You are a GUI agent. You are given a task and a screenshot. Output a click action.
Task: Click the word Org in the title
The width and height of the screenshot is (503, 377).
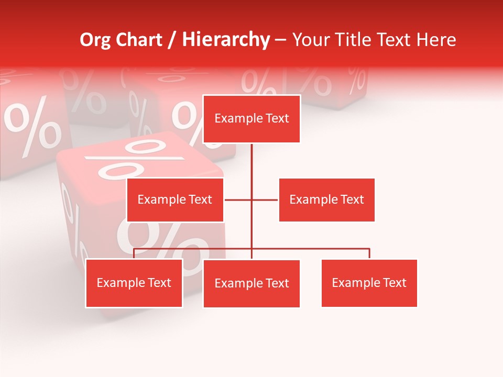(95, 40)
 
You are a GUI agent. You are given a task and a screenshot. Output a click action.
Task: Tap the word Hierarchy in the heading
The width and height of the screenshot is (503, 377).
(226, 40)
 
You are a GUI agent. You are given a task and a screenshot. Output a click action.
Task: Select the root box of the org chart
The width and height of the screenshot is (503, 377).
(251, 119)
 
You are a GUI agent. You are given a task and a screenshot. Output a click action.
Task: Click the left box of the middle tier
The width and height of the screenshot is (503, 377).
(175, 199)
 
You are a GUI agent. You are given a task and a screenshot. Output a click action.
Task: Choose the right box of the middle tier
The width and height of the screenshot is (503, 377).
(326, 199)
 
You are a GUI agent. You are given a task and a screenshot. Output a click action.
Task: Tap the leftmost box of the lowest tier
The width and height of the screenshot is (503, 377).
(134, 283)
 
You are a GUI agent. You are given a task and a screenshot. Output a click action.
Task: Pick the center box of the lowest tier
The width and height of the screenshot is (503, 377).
(251, 283)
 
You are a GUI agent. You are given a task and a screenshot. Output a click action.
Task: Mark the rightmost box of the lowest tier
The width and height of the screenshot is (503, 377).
(369, 283)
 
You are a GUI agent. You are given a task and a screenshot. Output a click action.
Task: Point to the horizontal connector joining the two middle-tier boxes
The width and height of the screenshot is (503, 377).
(265, 199)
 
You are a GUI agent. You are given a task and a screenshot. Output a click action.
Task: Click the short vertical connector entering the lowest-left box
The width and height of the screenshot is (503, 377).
(134, 253)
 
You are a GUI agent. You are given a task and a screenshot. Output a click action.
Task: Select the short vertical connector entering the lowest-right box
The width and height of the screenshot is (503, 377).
(369, 253)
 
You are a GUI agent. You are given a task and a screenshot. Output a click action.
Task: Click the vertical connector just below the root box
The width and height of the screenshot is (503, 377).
(251, 160)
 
